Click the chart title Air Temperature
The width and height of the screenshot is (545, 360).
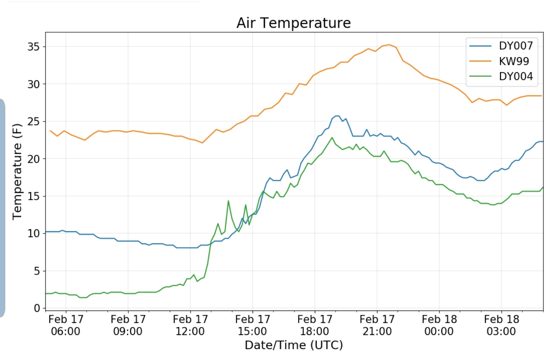point(293,23)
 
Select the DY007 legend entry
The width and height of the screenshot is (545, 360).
point(515,46)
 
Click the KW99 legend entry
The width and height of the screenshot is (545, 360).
point(513,61)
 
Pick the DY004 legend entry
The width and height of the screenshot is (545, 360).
point(515,76)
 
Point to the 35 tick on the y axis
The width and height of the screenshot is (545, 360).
point(33,47)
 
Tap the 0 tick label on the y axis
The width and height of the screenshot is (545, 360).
point(37,308)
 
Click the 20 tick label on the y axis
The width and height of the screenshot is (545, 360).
point(33,159)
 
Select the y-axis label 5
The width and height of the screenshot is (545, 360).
point(37,271)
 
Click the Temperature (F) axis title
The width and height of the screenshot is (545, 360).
point(17,172)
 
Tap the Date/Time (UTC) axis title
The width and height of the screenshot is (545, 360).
point(294,345)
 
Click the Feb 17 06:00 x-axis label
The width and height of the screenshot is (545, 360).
point(66,325)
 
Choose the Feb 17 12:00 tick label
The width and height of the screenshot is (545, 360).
point(190,325)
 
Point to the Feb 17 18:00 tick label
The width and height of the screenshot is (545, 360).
point(314,325)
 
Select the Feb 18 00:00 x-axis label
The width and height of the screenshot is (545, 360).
point(439,325)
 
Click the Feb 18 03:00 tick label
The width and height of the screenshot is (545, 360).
point(501,325)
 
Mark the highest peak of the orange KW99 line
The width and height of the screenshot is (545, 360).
point(389,45)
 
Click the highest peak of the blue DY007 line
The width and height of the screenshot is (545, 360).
point(337,116)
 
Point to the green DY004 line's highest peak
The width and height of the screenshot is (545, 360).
point(332,137)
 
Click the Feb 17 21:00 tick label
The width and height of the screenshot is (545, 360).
point(377,325)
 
